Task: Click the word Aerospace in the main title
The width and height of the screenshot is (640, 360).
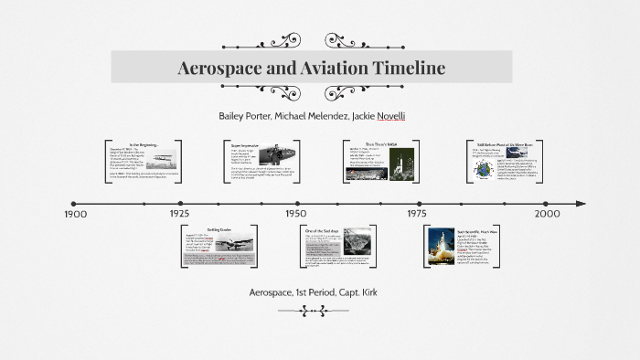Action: (x=222, y=68)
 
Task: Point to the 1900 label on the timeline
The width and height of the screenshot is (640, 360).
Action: (x=74, y=213)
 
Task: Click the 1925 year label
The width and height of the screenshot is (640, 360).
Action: (x=179, y=213)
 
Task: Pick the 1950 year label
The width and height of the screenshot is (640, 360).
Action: (x=295, y=213)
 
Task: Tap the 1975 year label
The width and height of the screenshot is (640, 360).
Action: (x=417, y=213)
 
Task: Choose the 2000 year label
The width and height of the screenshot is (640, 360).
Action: (x=547, y=213)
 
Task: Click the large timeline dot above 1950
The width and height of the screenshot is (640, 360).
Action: (x=297, y=204)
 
